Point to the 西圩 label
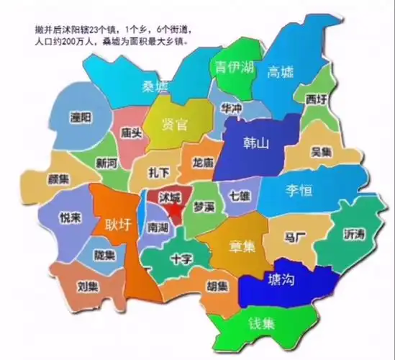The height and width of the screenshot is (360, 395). click(x=315, y=98)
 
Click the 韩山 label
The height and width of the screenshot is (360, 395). click(x=253, y=143)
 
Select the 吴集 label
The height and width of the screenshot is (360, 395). click(x=322, y=152)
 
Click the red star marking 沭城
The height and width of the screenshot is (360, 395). click(x=175, y=212)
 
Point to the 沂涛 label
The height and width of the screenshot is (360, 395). click(x=355, y=235)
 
